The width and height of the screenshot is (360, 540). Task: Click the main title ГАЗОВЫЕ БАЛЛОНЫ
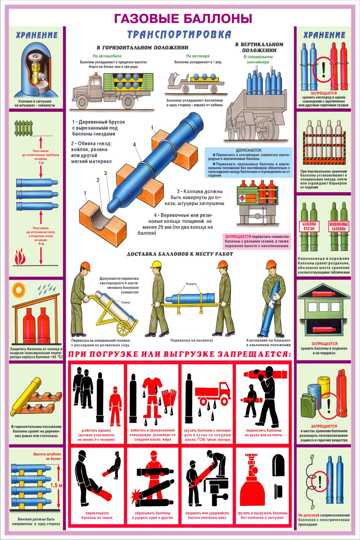(x=183, y=19)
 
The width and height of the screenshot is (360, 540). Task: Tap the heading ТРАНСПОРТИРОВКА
(x=179, y=35)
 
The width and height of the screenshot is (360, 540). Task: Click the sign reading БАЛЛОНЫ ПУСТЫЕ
(x=309, y=226)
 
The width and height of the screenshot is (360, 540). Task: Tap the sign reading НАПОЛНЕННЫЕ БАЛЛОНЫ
(x=339, y=226)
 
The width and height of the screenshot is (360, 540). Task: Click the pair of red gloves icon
(x=169, y=398)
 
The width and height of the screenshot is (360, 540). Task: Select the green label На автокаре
(x=198, y=56)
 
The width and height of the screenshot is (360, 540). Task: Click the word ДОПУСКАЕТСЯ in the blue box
(x=249, y=150)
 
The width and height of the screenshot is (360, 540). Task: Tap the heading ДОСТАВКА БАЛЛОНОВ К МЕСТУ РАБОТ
(x=180, y=254)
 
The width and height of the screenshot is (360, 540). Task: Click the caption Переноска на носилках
(x=192, y=341)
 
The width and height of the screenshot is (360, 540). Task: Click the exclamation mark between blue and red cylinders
(x=324, y=69)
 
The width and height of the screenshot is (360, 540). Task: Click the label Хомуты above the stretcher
(x=191, y=284)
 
